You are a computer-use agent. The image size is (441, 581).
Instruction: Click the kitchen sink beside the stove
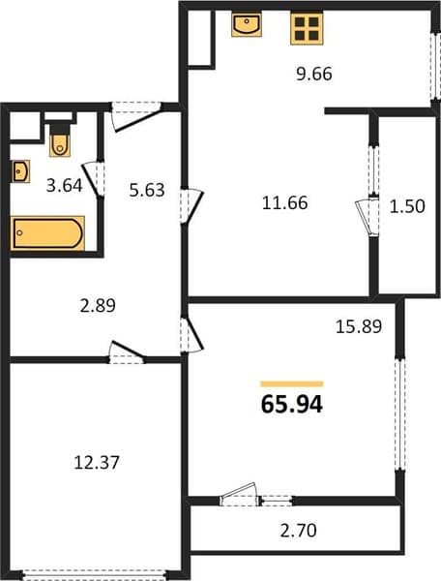(247, 24)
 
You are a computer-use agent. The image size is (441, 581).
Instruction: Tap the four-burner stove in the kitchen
(307, 28)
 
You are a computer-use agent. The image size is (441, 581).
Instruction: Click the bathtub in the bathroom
(47, 233)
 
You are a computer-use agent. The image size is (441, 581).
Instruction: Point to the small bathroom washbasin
(20, 171)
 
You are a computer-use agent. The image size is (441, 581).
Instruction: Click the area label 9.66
(314, 75)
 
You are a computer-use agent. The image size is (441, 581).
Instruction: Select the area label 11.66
(285, 203)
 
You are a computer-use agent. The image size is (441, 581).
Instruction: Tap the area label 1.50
(407, 206)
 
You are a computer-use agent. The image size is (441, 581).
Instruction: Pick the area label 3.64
(64, 185)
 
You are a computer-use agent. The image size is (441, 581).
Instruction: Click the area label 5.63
(147, 190)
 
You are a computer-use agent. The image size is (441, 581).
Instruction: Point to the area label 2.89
(98, 306)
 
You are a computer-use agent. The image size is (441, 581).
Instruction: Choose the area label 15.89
(359, 326)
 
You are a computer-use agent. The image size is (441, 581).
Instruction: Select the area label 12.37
(97, 463)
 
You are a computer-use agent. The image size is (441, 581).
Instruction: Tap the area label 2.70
(299, 531)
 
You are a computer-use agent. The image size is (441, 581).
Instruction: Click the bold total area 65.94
(292, 404)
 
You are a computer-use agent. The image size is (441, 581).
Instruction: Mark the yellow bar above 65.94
(292, 383)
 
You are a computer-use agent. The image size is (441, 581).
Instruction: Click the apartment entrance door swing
(137, 116)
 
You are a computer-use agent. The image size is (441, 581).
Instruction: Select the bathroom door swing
(93, 179)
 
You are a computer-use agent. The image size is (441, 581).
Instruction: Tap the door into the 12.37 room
(127, 352)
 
